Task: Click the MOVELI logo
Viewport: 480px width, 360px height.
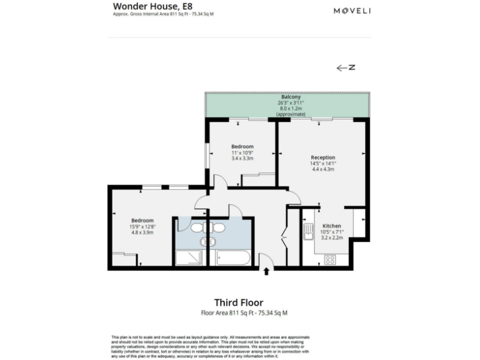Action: (x=352, y=11)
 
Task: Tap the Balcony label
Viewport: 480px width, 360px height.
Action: (x=291, y=97)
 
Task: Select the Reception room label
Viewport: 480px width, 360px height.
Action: (x=323, y=157)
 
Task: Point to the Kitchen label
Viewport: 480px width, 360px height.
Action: (x=331, y=226)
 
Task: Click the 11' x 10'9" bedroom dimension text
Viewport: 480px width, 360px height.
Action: (x=242, y=152)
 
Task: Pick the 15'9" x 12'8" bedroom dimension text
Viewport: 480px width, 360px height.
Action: (x=142, y=226)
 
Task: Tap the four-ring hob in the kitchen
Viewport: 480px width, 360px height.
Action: (x=329, y=259)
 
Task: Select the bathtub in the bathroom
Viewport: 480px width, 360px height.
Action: (x=232, y=259)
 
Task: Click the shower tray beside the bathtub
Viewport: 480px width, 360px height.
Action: (x=189, y=259)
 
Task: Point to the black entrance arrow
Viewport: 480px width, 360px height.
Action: (x=267, y=271)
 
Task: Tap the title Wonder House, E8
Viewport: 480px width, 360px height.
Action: (x=148, y=6)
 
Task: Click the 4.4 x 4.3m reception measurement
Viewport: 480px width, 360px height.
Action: (x=323, y=169)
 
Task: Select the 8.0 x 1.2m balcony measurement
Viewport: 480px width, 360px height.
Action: (x=291, y=109)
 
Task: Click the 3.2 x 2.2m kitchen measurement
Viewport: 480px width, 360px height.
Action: (x=332, y=238)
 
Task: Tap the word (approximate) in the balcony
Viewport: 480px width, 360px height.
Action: (x=291, y=114)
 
